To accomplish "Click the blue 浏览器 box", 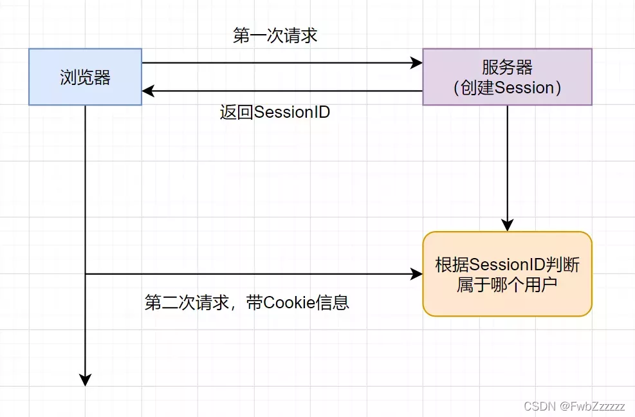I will [85, 77].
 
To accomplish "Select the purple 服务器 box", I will [507, 77].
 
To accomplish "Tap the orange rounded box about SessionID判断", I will [507, 274].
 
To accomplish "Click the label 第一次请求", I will [275, 35].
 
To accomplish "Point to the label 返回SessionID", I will [275, 112].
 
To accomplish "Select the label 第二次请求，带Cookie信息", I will [247, 302].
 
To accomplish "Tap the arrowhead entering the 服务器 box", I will [417, 63].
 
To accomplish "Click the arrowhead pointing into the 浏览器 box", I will [147, 91].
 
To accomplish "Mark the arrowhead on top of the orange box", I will [507, 226].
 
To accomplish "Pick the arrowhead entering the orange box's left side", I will [417, 274].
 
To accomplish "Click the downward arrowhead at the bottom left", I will [85, 380].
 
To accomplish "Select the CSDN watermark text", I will [540, 407].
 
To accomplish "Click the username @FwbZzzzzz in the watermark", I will [592, 407].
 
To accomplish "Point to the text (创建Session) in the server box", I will [507, 88].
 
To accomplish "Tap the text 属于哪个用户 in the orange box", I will [507, 284].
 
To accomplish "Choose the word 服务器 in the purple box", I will [507, 67].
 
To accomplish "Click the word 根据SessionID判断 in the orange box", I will [507, 264].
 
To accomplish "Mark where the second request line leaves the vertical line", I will [85, 274].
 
